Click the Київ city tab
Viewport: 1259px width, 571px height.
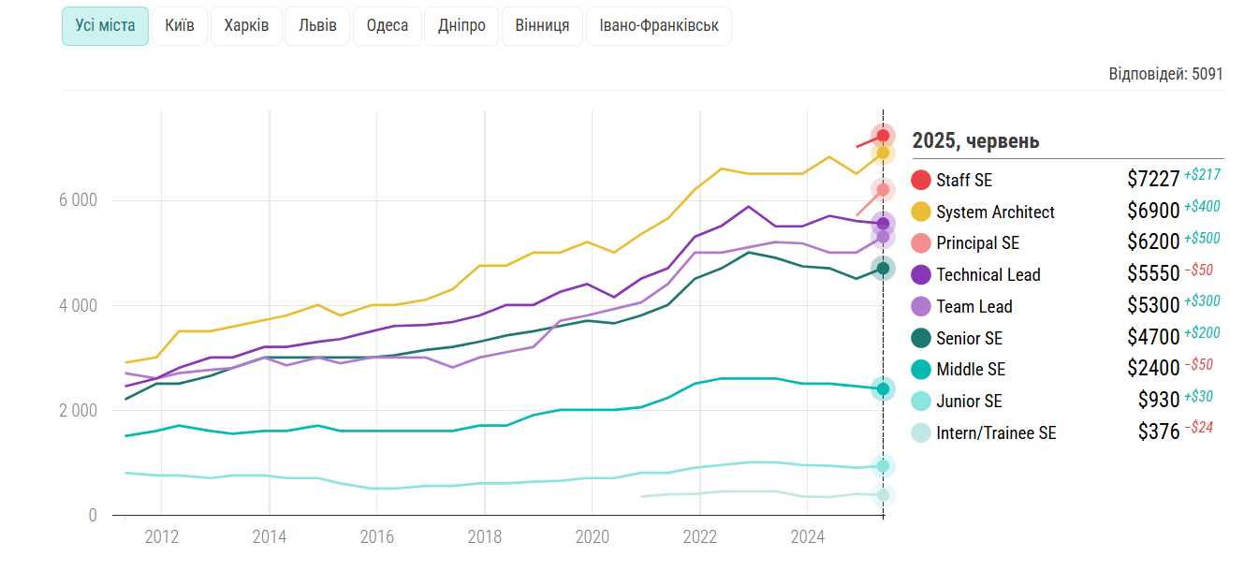pos(180,26)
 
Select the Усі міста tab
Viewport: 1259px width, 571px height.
pos(105,26)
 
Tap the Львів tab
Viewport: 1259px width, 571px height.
pos(317,26)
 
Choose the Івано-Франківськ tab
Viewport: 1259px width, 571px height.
pos(658,26)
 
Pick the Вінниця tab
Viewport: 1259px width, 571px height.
pos(542,26)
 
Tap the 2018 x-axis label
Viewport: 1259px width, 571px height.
pos(485,537)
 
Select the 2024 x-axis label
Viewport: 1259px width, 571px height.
pos(808,537)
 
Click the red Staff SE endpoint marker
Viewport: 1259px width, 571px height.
pos(883,136)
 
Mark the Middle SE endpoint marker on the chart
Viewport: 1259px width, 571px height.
pos(883,388)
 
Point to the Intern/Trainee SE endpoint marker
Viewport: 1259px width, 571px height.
pos(883,494)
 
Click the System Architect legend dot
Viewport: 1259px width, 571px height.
pos(921,212)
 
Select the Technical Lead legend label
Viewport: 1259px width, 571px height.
pos(988,275)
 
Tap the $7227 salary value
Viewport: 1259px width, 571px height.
pos(1153,180)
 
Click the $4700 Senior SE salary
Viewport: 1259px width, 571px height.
pos(1153,338)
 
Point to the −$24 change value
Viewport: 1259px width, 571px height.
pos(1199,428)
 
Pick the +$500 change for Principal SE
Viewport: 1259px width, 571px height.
pos(1202,238)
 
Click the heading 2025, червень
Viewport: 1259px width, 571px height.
pos(975,141)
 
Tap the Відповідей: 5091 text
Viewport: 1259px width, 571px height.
pos(1165,74)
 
